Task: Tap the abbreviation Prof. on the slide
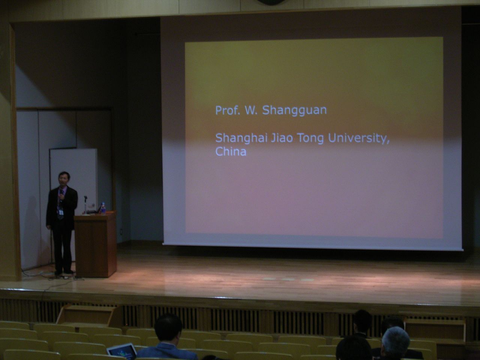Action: tap(228, 110)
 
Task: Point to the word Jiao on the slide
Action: tap(282, 138)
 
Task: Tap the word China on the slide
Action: tap(231, 151)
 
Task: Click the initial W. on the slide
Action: tap(251, 110)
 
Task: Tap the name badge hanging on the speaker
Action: tap(61, 213)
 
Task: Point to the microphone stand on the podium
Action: tap(85, 205)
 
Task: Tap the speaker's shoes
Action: tap(64, 272)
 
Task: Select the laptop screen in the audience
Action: tap(122, 350)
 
